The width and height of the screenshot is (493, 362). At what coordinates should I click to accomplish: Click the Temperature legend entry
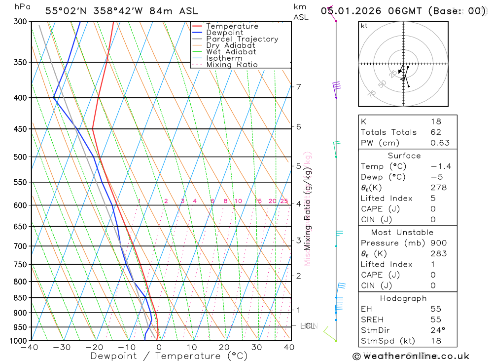coord(232,27)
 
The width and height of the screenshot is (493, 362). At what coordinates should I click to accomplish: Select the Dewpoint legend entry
coord(225,33)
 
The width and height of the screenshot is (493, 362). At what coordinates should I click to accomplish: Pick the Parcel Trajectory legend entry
coord(242,39)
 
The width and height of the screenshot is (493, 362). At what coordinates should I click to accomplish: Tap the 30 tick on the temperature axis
coord(256,347)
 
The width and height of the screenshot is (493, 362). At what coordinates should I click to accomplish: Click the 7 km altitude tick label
coord(298,87)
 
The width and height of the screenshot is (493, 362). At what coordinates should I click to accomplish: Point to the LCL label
coord(308,326)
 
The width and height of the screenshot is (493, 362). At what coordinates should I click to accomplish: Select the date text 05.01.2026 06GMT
coord(373,11)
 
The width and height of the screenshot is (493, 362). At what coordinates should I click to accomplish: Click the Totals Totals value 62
coord(436,132)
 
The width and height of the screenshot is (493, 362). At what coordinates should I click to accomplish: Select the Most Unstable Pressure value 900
coord(438,243)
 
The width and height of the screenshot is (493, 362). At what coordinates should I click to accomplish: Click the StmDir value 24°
coord(437,330)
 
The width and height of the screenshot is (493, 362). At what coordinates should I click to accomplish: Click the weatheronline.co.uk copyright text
coord(411,356)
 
